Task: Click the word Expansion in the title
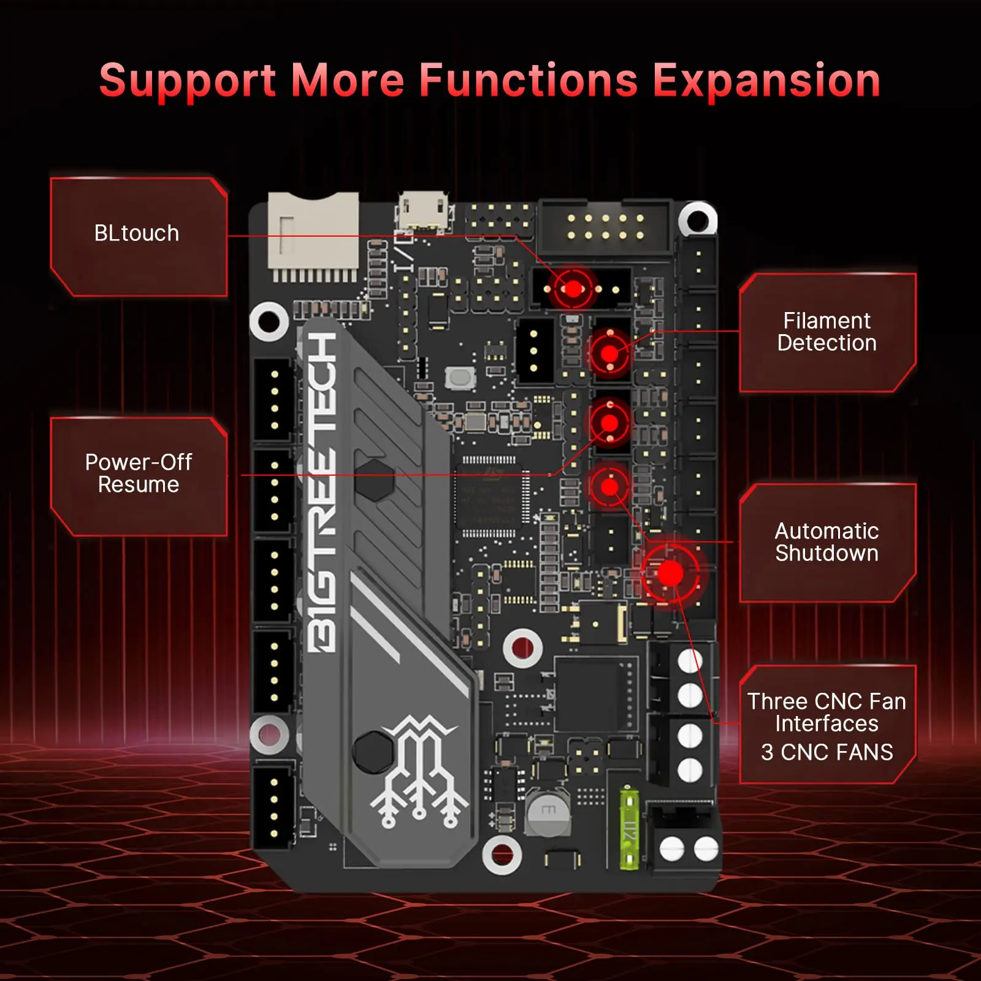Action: click(x=766, y=81)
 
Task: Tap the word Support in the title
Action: click(x=188, y=81)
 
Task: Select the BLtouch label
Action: click(x=137, y=234)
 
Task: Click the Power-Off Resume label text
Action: click(x=139, y=473)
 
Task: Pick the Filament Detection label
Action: click(x=826, y=332)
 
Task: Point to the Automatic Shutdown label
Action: click(x=826, y=542)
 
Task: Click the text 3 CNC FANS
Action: click(x=826, y=752)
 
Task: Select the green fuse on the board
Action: click(x=629, y=828)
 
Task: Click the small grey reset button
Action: click(x=460, y=378)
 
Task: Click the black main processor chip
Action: click(x=489, y=495)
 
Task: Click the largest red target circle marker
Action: click(x=670, y=574)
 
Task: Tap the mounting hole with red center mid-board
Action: click(x=522, y=647)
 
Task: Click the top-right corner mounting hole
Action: click(x=698, y=219)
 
